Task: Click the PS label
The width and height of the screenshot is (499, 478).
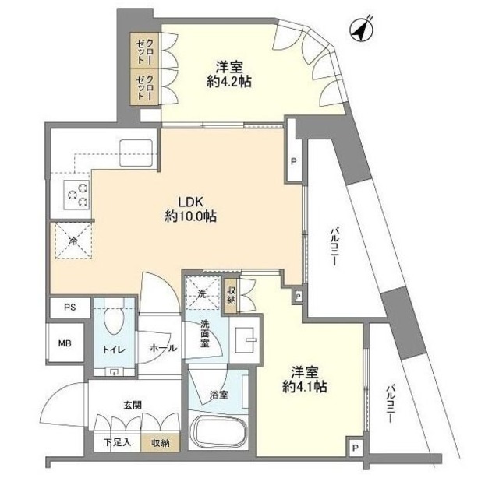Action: pyautogui.click(x=69, y=308)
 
